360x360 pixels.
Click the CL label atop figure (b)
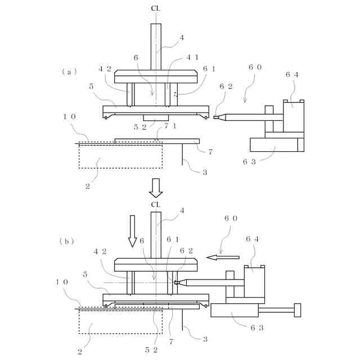[156, 204]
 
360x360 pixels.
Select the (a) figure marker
[69, 71]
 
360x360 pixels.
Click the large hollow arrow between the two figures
[156, 187]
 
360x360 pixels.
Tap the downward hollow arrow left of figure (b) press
[133, 230]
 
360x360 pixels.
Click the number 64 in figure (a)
[291, 74]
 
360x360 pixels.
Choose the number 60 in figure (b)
[231, 218]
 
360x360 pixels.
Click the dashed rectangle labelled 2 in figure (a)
[120, 155]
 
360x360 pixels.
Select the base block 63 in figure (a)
[277, 145]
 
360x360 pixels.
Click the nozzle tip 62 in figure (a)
[217, 118]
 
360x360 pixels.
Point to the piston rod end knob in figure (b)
[298, 310]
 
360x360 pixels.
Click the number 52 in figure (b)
[151, 349]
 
